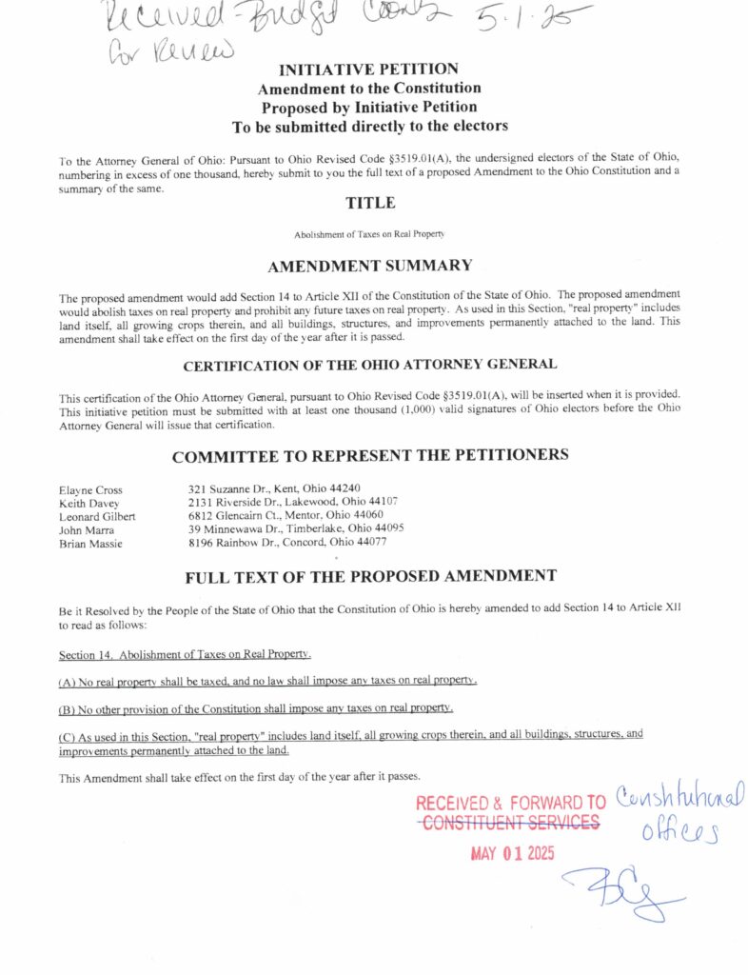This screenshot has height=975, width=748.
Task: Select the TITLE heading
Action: point(370,203)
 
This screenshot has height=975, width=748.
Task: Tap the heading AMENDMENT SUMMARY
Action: point(369,265)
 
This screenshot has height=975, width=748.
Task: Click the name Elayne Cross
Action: point(90,490)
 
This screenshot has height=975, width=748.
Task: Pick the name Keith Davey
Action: point(89,504)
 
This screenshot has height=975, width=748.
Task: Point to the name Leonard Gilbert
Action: point(96,517)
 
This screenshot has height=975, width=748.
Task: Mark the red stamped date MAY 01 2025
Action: point(512,853)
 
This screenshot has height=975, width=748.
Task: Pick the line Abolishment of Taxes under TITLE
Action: point(369,233)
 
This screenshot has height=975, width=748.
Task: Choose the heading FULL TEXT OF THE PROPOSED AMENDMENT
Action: point(370,576)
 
